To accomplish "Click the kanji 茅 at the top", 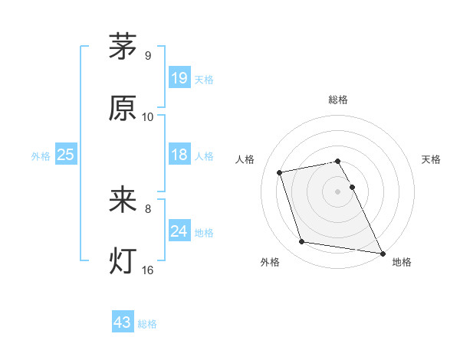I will [123, 47].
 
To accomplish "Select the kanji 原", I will [123, 109].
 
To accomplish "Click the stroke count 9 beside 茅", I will [147, 56].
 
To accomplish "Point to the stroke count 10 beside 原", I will [147, 117].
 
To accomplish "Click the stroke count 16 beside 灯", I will [147, 270].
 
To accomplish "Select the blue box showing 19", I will [179, 77].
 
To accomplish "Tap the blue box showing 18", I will [179, 155].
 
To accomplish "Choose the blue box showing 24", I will [179, 231].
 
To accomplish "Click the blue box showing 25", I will [66, 155].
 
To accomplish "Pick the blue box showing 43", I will [123, 322].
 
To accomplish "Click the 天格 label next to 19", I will [204, 79].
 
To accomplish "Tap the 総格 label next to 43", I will [147, 324].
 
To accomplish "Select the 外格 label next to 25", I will [41, 156].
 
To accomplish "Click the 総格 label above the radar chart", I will [337, 100].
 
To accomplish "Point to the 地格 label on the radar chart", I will [402, 263].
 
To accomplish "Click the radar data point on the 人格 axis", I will [280, 172].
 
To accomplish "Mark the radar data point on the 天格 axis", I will [352, 187].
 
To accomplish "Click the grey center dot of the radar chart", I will [337, 191].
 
